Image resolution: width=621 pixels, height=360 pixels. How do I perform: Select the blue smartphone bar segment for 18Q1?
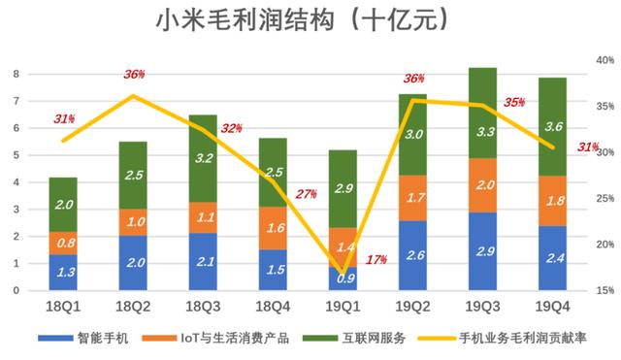tap(63, 273)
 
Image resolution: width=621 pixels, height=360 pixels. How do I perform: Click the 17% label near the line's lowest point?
tap(376, 259)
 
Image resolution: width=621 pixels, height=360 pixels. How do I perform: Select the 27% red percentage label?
tap(306, 193)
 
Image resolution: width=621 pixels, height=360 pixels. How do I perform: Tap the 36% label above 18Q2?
tap(134, 75)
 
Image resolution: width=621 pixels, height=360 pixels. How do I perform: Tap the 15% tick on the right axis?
tap(600, 290)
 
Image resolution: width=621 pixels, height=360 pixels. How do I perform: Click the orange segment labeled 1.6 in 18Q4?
tap(273, 228)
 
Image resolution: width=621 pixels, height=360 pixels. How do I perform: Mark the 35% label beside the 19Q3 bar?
tap(515, 102)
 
